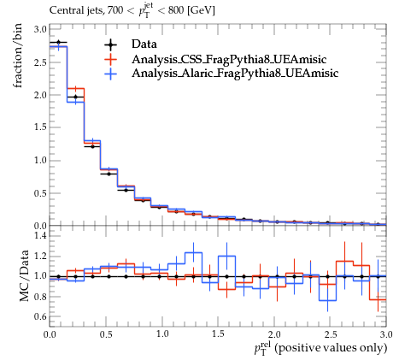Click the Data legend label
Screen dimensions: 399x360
(144, 44)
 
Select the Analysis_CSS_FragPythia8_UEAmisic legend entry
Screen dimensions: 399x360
(229, 59)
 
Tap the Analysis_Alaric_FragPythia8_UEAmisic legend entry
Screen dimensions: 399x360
(235, 74)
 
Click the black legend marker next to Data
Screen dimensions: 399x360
(110, 44)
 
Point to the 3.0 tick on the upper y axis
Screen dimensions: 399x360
(40, 29)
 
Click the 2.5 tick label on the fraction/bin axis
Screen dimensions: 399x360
(40, 62)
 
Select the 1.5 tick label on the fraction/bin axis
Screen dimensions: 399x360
(40, 127)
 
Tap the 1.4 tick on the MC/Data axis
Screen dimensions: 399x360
(40, 235)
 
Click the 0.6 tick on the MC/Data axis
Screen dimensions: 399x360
(40, 316)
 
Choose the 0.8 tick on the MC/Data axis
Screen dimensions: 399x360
(40, 297)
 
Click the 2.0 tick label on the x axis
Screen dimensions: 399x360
(274, 334)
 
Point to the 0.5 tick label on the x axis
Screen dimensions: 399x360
(106, 334)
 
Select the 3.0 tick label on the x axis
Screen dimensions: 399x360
(386, 334)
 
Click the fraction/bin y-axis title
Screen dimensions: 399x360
(17, 56)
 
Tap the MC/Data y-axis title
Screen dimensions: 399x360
(24, 276)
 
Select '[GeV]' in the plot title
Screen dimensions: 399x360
(201, 11)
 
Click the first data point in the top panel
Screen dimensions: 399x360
(59, 43)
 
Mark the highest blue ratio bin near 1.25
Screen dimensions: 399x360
(193, 252)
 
